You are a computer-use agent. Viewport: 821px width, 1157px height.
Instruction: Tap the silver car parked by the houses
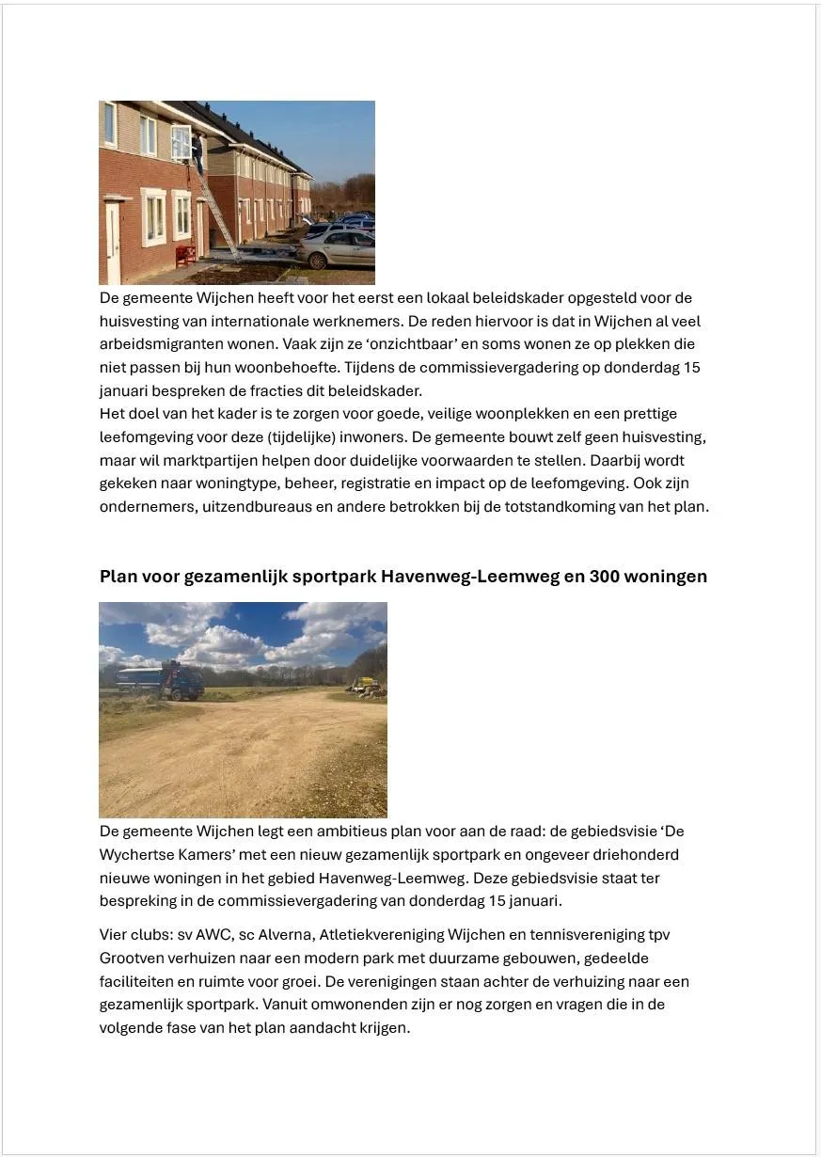click(x=337, y=248)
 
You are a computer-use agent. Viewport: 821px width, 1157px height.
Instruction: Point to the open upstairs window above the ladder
click(x=181, y=142)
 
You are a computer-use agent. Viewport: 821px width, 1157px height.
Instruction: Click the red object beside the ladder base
click(x=186, y=255)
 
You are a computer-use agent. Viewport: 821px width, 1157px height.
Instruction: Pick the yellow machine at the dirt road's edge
click(x=367, y=687)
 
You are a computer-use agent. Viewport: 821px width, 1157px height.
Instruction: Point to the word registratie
click(x=419, y=483)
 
